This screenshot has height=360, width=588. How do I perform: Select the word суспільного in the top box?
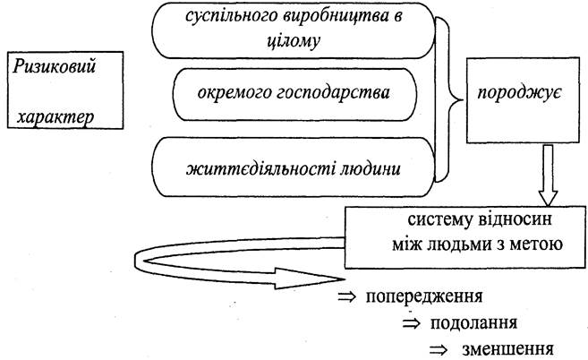[233, 16]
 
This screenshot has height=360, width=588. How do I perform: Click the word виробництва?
[328, 16]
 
